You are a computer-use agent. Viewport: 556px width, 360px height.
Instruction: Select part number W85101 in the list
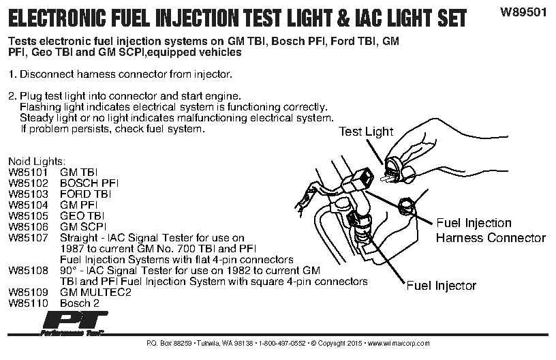tap(28, 172)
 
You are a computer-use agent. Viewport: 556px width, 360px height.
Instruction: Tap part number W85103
tap(28, 194)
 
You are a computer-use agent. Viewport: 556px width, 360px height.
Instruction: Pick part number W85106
tap(28, 226)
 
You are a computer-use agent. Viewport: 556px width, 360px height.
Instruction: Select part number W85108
tap(28, 270)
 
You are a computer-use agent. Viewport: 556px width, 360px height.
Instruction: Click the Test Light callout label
tap(366, 132)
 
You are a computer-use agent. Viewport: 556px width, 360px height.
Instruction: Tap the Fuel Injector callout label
tap(441, 286)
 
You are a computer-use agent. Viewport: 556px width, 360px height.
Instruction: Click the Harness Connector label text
tap(491, 238)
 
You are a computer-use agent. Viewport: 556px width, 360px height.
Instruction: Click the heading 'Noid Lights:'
tap(37, 162)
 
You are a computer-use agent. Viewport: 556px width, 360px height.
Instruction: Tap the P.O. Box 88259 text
tap(166, 342)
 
